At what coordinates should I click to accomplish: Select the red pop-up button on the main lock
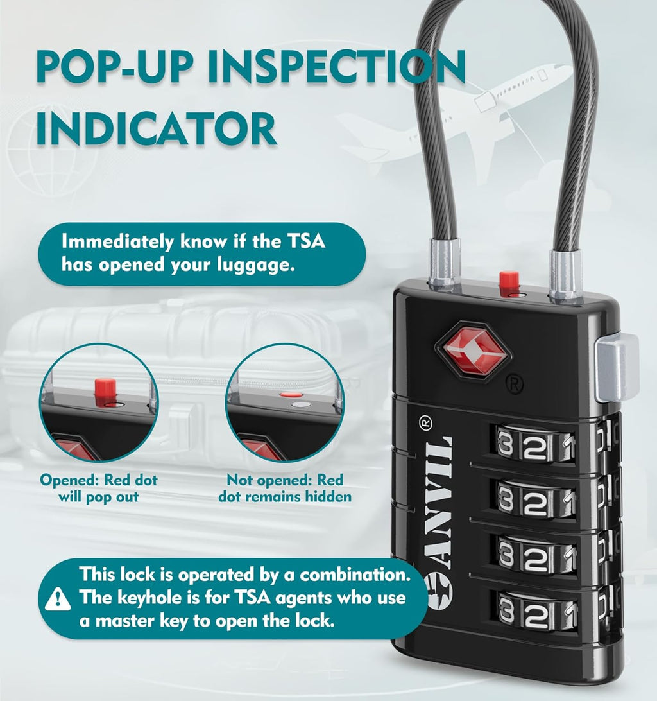tap(509, 281)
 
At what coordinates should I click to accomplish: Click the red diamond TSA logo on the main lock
tap(473, 350)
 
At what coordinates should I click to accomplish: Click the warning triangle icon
tap(58, 599)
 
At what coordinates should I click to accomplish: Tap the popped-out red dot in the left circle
tap(105, 388)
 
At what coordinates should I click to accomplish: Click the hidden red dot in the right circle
tap(291, 397)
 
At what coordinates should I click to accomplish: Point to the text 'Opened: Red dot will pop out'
tap(99, 489)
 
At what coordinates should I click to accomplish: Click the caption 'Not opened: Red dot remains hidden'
tap(285, 489)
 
